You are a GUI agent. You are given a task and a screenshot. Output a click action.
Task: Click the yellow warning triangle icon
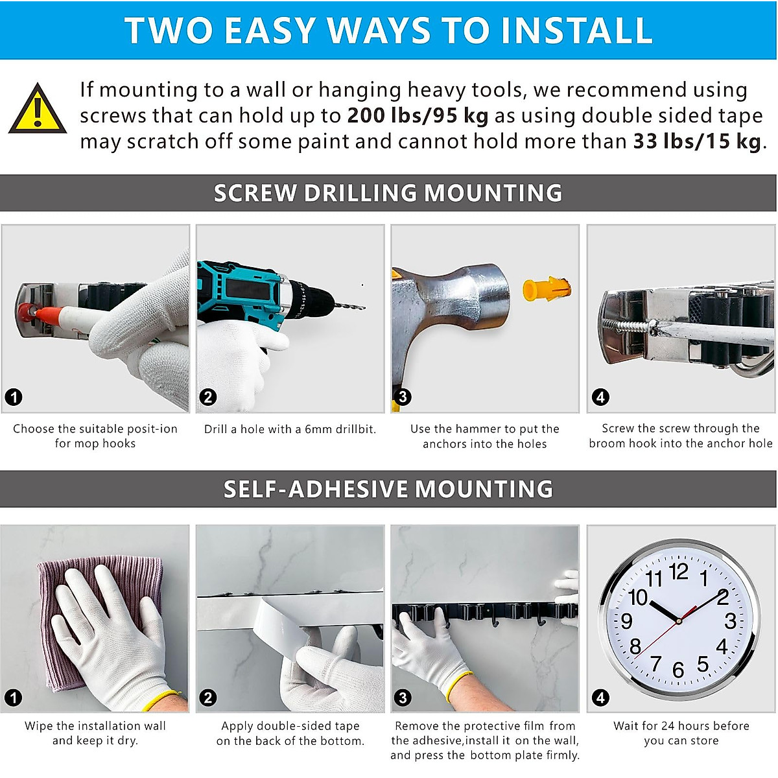(x=37, y=110)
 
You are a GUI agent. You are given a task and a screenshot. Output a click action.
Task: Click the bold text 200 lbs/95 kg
(x=418, y=116)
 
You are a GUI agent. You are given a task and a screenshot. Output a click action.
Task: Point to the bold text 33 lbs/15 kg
(x=696, y=142)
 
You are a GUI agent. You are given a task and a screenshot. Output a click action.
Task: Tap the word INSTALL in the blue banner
(x=576, y=30)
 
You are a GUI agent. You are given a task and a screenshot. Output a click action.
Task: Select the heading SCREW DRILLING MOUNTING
(x=388, y=193)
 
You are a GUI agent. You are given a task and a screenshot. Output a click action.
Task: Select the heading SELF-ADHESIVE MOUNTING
(x=388, y=489)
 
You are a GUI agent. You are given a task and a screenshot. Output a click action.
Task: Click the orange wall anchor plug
(x=547, y=289)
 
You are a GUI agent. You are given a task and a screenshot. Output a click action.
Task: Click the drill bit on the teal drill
(x=349, y=306)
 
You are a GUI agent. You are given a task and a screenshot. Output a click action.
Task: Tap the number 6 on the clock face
(x=678, y=670)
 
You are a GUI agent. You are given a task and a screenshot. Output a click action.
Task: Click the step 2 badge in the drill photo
(x=208, y=397)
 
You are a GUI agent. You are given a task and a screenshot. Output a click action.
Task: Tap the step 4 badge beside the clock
(x=600, y=698)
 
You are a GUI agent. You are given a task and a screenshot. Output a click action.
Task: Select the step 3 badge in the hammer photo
(x=403, y=397)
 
